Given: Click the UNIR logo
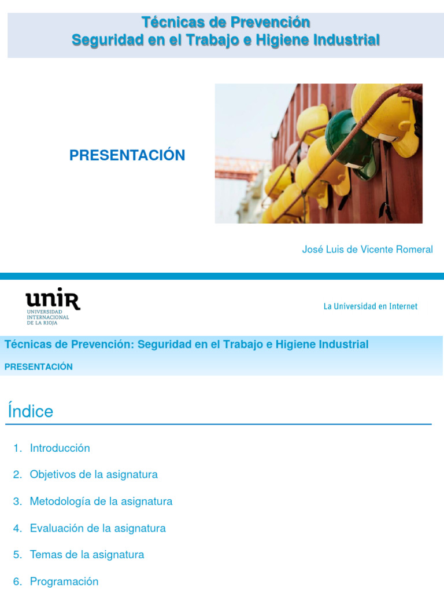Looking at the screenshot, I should [53, 300].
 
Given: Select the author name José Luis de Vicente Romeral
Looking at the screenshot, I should [367, 250].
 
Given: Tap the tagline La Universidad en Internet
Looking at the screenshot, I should [370, 306].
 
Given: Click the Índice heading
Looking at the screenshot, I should [31, 411].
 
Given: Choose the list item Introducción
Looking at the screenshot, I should [60, 448].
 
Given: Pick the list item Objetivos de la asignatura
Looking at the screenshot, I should [94, 474].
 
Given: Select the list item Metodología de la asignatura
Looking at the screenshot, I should [101, 501].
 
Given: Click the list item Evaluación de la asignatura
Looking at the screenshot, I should [98, 528].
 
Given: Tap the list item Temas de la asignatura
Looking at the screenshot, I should [87, 555].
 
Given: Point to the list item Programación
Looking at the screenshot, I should [64, 581].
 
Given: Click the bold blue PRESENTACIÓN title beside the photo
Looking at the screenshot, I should [127, 155].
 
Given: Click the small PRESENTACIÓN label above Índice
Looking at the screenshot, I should [38, 367].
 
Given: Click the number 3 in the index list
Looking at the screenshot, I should [17, 502].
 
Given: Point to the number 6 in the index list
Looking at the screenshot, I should [17, 581].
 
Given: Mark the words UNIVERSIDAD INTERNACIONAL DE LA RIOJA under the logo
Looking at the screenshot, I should [48, 317].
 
